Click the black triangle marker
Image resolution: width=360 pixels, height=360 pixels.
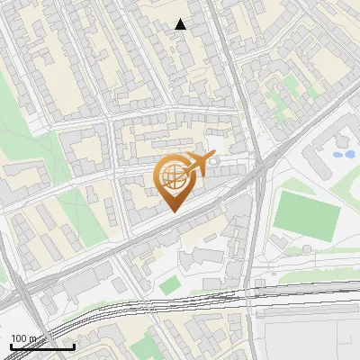[181, 24]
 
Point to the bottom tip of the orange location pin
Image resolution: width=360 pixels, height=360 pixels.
[173, 211]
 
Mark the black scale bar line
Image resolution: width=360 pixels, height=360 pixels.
[42, 346]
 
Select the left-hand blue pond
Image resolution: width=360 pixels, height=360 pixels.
[337, 154]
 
